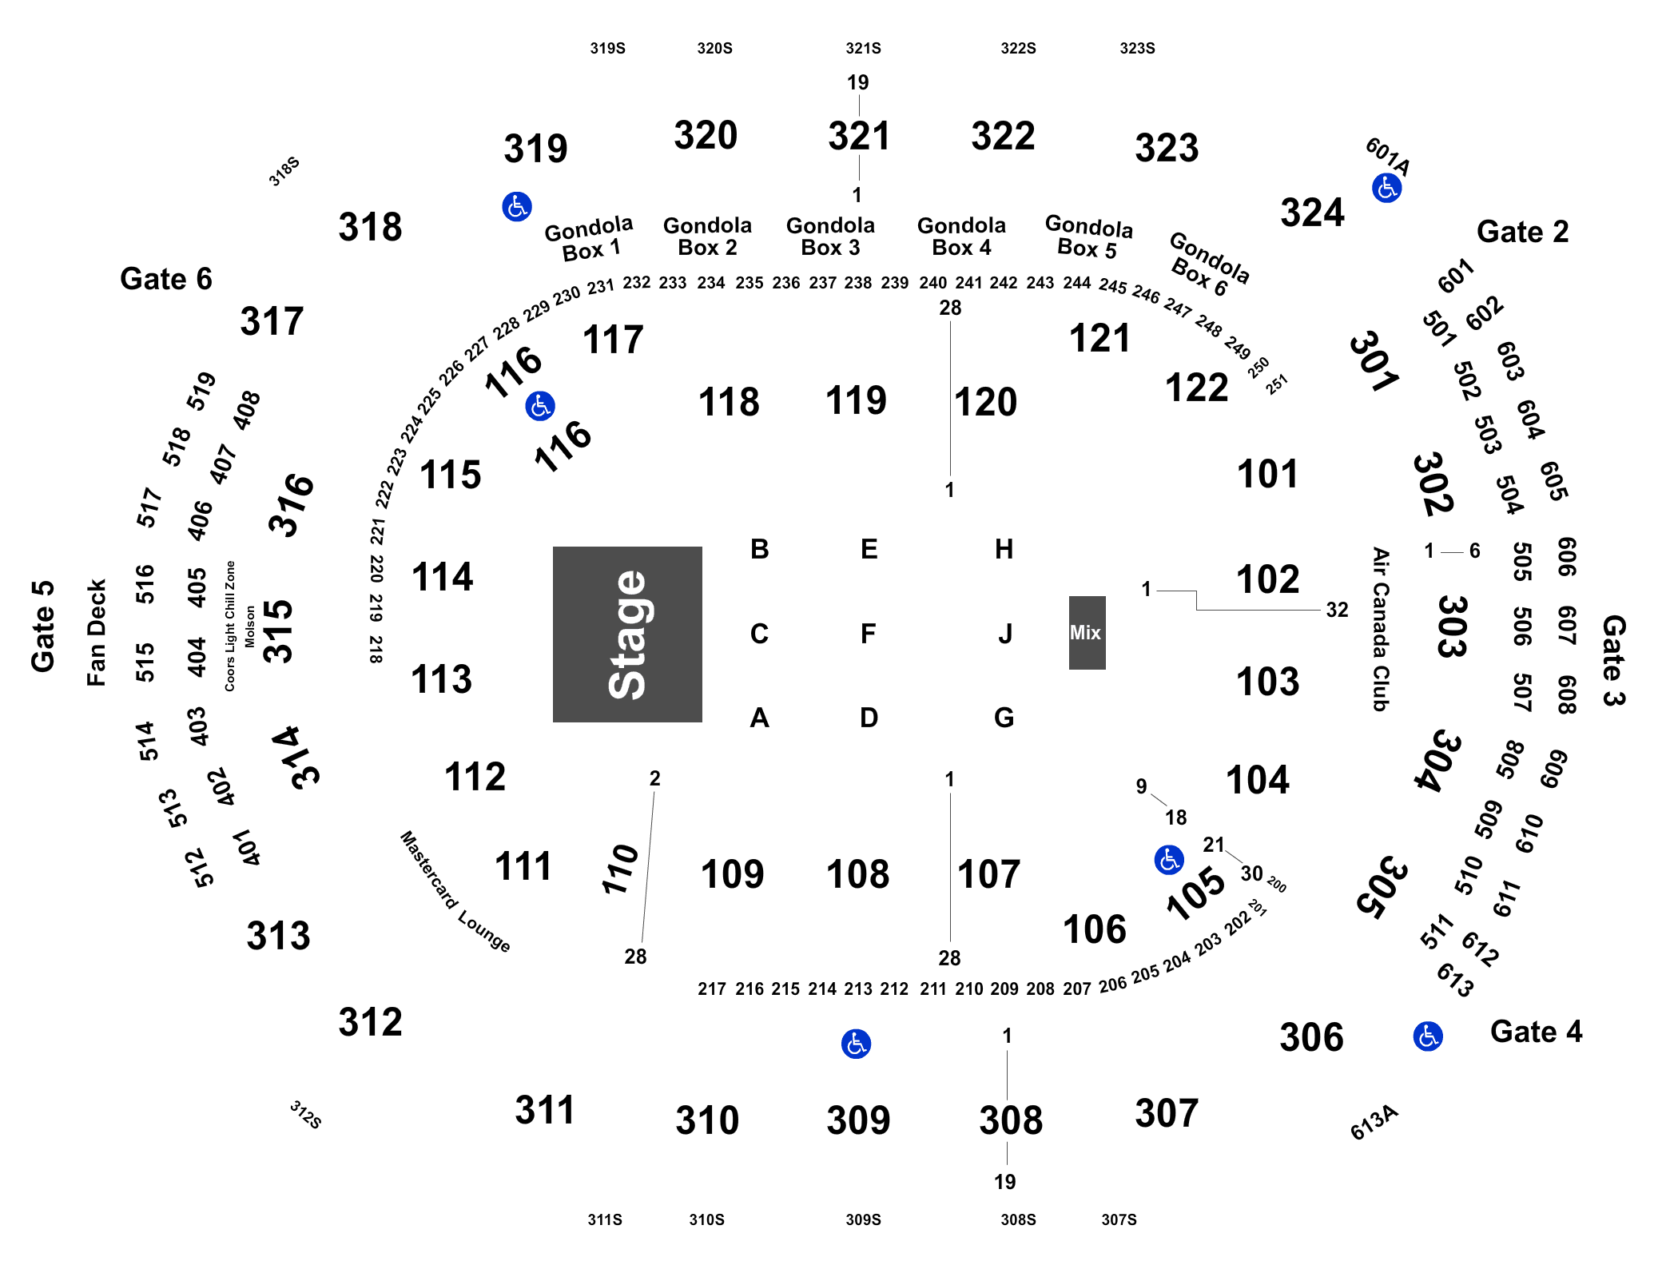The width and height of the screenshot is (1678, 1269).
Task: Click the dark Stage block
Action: pos(627,634)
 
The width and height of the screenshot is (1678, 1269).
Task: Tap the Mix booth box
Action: pos(1087,632)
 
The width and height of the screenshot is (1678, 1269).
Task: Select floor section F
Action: pos(868,634)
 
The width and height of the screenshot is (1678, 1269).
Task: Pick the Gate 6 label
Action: pos(166,279)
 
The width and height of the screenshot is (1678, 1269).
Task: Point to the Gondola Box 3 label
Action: pos(830,237)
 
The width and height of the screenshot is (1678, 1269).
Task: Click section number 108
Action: pos(857,874)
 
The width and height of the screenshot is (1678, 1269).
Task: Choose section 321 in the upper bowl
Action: pos(859,136)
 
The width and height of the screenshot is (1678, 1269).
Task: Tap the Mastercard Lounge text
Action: pos(455,891)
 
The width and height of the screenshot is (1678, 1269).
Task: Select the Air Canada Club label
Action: pos(1380,629)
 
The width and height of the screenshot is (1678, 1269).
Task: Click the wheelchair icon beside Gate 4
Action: pos(1427,1036)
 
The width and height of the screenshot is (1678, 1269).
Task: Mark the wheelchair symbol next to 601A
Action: pos(1386,189)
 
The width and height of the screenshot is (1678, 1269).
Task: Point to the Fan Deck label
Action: pos(96,633)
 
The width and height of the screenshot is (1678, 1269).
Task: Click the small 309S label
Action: pos(863,1219)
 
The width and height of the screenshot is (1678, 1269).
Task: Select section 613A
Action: pos(1374,1123)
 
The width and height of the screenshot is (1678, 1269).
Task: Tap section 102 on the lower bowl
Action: pos(1268,579)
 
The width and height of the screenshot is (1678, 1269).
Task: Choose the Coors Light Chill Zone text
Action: pos(230,626)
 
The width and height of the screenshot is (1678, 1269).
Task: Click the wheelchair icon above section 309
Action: pos(856,1044)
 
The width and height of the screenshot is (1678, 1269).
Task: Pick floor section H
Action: pos(1004,549)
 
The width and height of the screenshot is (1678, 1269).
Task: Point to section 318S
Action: pos(284,172)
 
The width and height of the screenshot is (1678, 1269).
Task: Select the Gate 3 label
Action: pos(1613,660)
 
